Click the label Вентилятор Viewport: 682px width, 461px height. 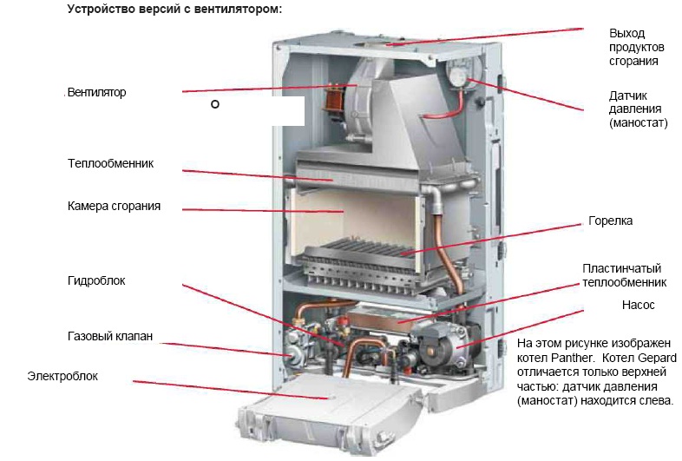(x=96, y=93)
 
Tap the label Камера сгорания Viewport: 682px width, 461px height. (x=114, y=207)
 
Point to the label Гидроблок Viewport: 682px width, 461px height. (x=96, y=281)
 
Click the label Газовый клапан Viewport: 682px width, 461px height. (x=109, y=336)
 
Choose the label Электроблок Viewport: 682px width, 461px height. (x=62, y=377)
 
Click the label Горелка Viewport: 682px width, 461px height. (x=610, y=221)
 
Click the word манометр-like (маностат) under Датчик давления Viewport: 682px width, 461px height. (x=639, y=124)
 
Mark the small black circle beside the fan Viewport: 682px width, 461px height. (x=214, y=104)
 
